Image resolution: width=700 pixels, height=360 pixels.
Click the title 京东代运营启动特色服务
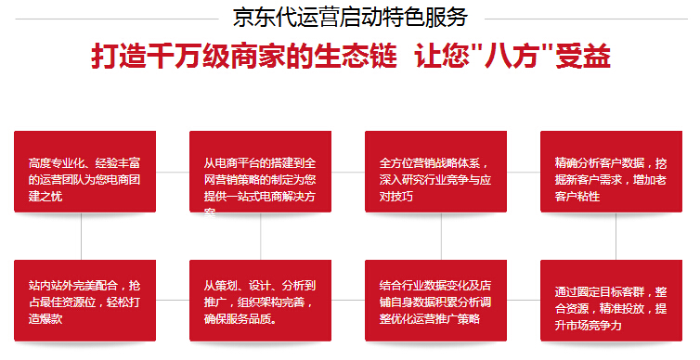(x=350, y=17)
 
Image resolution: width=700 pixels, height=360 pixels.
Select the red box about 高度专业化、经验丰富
(x=84, y=172)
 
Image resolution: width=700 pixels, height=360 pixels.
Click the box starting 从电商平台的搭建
(x=260, y=172)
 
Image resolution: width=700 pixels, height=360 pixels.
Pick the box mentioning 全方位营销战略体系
(x=435, y=172)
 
